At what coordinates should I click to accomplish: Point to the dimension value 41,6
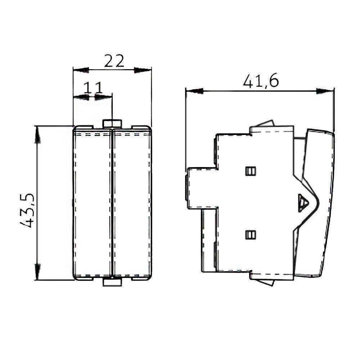click(x=261, y=82)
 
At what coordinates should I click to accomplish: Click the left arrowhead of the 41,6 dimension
click(x=194, y=91)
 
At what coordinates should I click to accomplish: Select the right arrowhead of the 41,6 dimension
click(x=325, y=91)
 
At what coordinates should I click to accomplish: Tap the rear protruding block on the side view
click(x=202, y=187)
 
